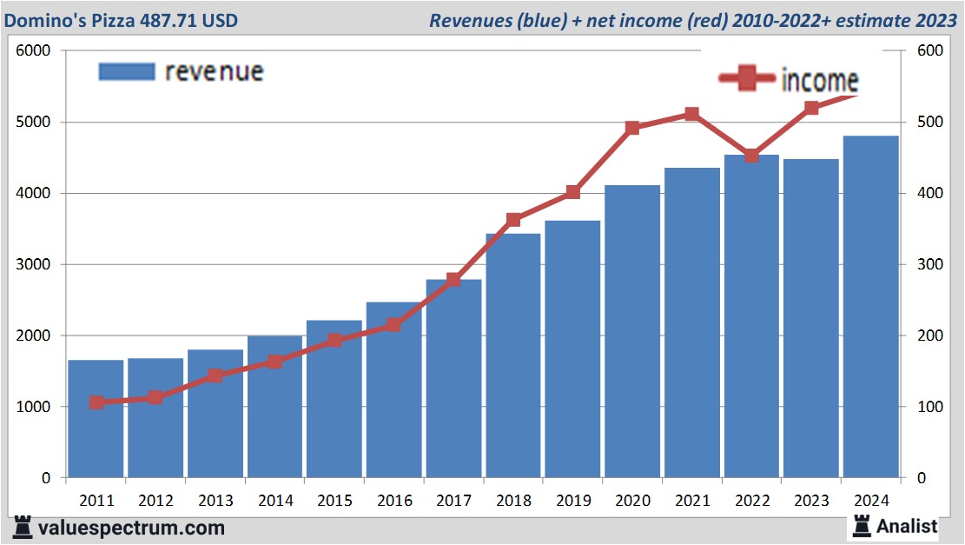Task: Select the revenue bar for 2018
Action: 513,356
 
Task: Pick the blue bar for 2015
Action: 334,399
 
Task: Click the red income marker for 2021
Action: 691,114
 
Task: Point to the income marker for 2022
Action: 751,156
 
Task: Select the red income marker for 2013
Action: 215,376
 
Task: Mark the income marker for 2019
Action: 572,192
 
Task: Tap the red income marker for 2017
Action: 453,279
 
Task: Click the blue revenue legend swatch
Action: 127,71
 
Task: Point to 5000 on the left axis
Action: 34,122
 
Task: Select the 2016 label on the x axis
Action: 394,501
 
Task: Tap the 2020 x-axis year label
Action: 632,501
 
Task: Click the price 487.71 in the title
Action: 175,20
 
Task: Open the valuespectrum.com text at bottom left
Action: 131,528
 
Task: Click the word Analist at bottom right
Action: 907,526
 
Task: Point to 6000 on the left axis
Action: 34,50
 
